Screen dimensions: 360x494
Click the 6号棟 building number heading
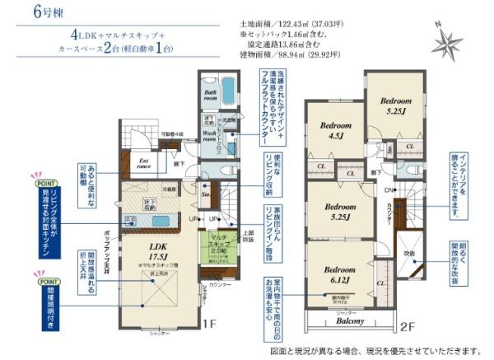(x=29, y=12)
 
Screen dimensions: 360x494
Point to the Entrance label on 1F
(x=144, y=163)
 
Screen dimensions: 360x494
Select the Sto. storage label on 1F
(x=207, y=195)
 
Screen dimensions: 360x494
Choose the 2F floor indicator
(x=407, y=326)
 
